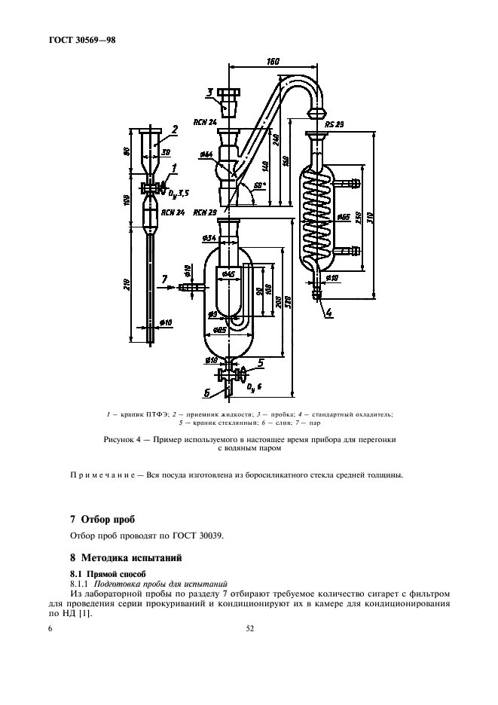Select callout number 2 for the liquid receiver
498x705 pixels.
click(173, 130)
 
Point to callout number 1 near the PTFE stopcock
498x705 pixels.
click(174, 168)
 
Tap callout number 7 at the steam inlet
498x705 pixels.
click(163, 279)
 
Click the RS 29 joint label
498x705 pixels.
click(335, 124)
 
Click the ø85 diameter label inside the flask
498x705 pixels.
click(220, 330)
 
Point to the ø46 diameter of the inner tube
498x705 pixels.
click(228, 273)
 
